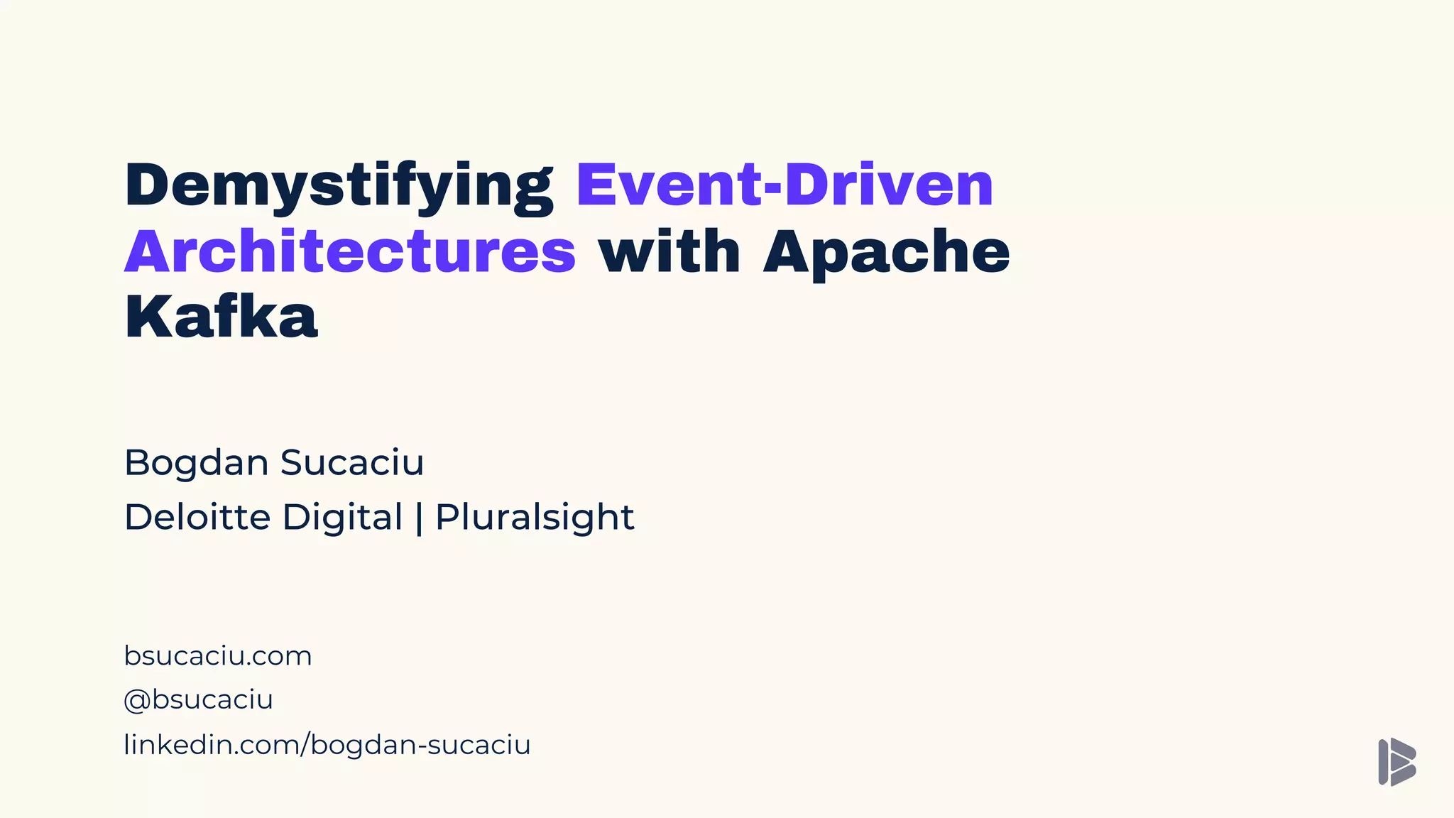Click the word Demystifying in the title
click(x=339, y=186)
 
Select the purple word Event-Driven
click(x=784, y=186)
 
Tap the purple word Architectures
click(x=350, y=252)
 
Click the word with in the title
click(x=669, y=252)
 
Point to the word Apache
click(x=886, y=252)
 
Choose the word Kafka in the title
click(x=221, y=317)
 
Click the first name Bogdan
click(x=196, y=463)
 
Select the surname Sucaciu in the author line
click(x=352, y=463)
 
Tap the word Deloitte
click(x=196, y=517)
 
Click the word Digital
click(x=342, y=517)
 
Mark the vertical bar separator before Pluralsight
click(x=419, y=517)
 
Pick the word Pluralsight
click(x=534, y=517)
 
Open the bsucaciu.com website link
click(x=218, y=656)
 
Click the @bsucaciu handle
click(x=199, y=700)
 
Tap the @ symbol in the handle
click(x=136, y=701)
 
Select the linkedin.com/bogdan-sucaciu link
click(x=327, y=745)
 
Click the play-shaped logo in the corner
click(x=1396, y=762)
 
